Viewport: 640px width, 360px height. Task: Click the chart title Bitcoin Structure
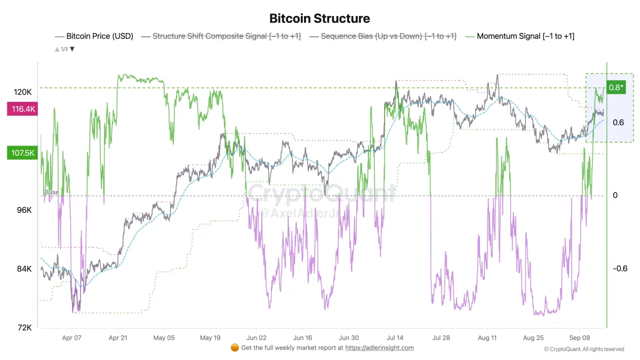tap(319, 19)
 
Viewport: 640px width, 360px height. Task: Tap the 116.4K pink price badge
tap(21, 109)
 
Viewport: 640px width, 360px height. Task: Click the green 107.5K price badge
tap(21, 153)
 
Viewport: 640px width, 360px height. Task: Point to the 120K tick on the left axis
tap(23, 92)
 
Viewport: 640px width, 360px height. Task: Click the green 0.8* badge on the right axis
tap(615, 88)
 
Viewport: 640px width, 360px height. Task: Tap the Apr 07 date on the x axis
tap(71, 338)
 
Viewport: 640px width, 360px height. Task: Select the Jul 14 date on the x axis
tap(395, 338)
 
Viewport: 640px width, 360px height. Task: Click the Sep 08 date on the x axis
tap(579, 338)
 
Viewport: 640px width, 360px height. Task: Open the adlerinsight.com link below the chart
tap(379, 348)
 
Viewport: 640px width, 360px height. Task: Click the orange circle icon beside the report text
tap(235, 348)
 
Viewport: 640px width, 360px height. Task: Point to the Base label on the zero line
tap(52, 193)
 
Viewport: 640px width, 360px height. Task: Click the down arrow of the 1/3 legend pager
tap(73, 49)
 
